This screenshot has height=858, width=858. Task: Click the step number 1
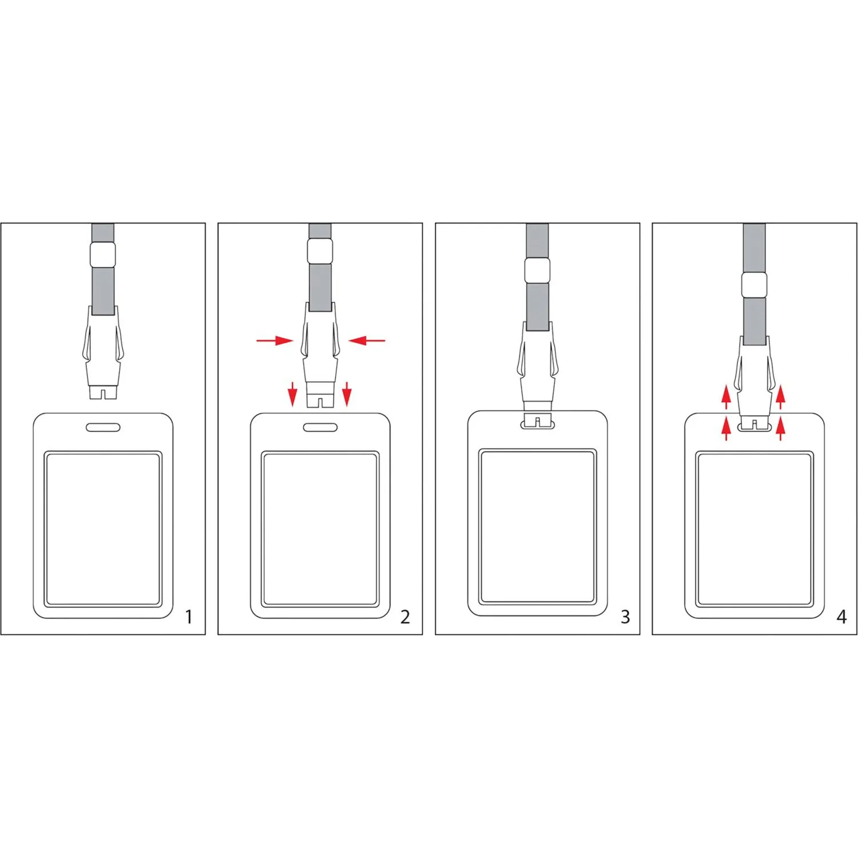coord(189,617)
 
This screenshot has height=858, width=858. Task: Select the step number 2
coord(405,617)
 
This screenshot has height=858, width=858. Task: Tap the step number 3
coord(625,617)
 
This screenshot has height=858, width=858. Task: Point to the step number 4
coord(841,617)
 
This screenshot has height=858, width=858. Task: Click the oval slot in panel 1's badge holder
coord(103,427)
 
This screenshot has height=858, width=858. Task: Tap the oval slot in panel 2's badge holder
coord(320,427)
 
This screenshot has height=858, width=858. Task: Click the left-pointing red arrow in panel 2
coord(367,340)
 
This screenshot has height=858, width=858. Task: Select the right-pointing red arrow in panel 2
coord(275,340)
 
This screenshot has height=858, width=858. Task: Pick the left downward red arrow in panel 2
coord(293,394)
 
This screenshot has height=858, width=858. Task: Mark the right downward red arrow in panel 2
coord(347,394)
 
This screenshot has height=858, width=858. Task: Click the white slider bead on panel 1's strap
coord(103,254)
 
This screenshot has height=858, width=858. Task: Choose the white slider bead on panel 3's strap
coord(538,270)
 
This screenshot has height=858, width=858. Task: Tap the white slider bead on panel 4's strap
coord(754,285)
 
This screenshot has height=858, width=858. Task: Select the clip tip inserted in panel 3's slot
coord(538,420)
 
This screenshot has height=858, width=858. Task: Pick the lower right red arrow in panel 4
coord(781,428)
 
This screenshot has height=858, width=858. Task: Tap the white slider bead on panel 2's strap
coord(320,251)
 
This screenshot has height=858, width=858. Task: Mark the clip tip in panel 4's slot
coord(754,424)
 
